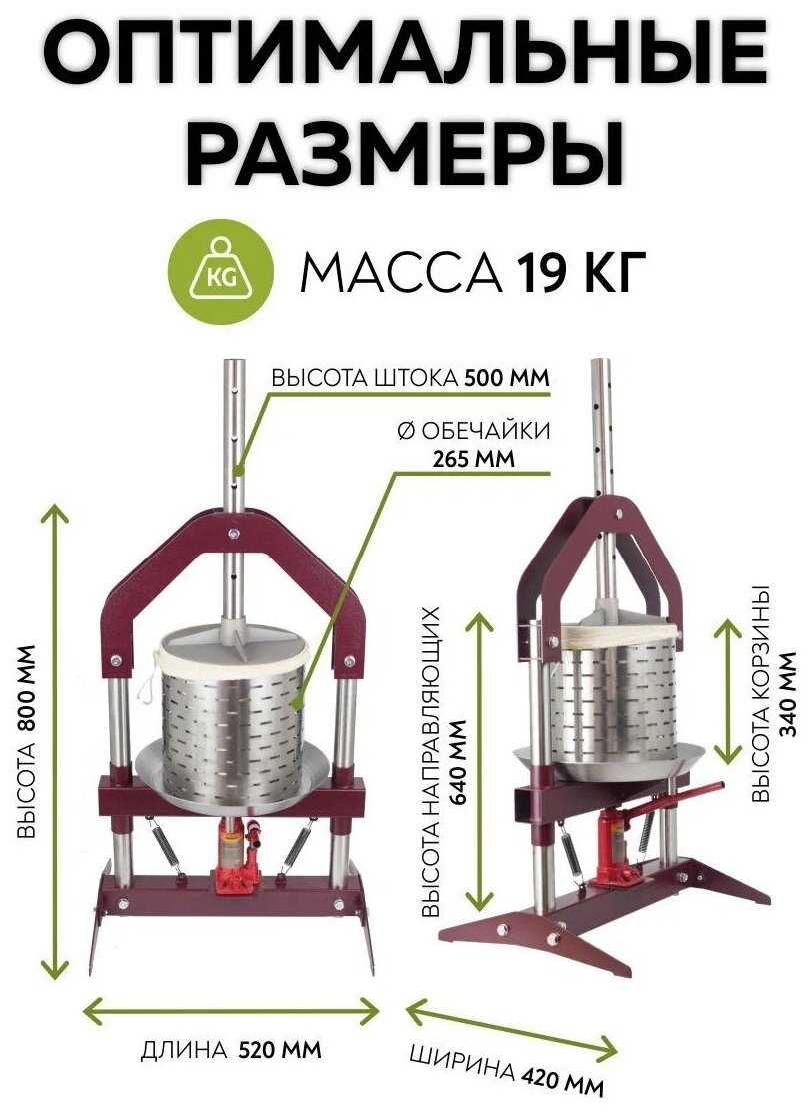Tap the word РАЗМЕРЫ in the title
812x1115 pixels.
(406, 150)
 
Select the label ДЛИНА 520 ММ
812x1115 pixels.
(232, 1051)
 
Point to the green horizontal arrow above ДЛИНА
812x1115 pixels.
(231, 1010)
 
